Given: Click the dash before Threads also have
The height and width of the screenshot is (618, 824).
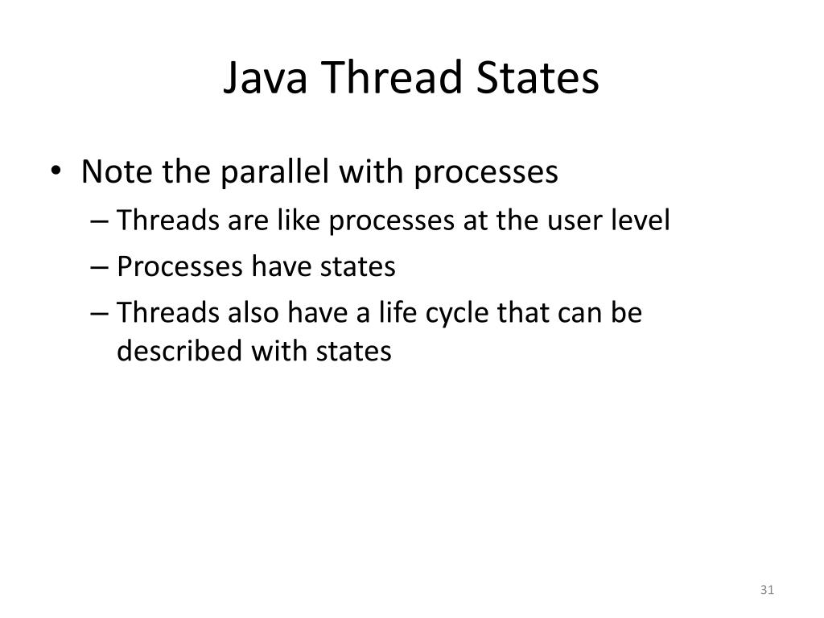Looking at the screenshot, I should click(x=105, y=314).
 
